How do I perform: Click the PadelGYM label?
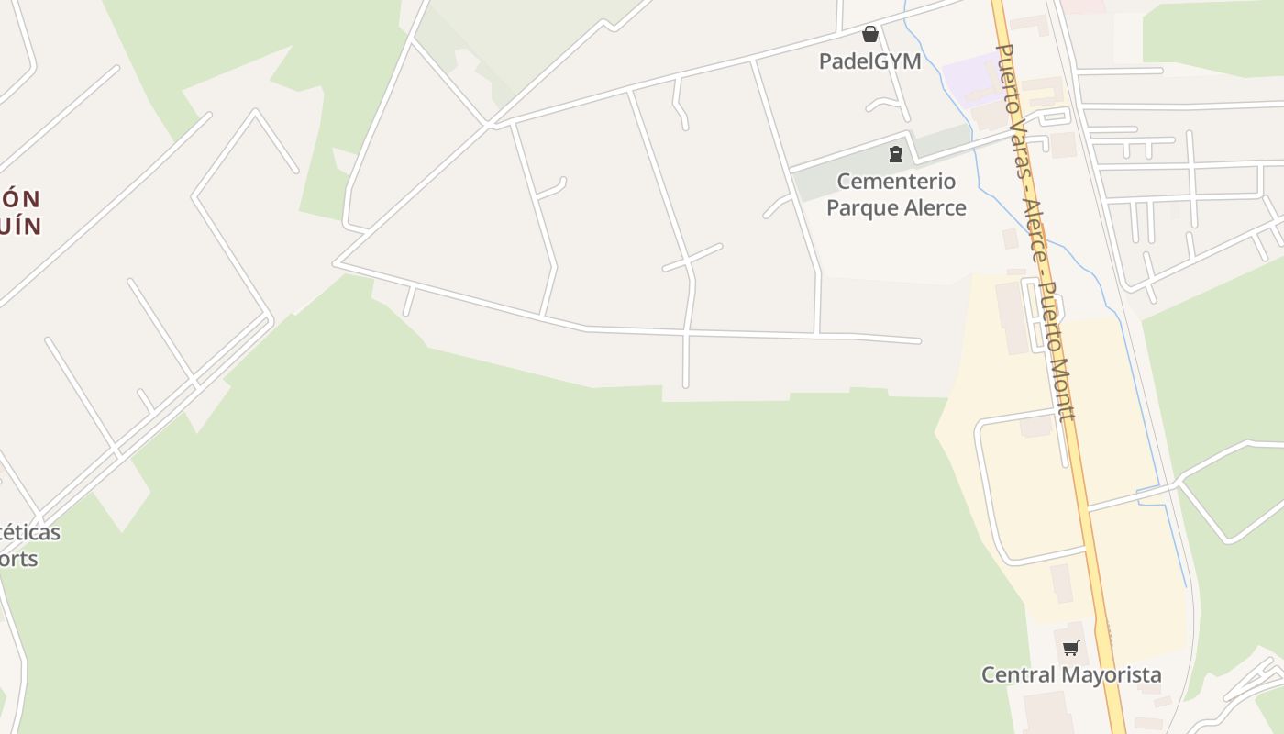pos(869,62)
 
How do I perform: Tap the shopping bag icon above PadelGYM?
pos(870,35)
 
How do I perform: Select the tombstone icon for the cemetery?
pos(896,154)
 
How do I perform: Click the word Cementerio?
pos(896,182)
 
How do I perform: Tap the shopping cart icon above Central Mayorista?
pos(1070,649)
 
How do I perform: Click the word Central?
pos(1014,675)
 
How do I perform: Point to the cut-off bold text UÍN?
pos(20,226)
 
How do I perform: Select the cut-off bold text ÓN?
pos(20,199)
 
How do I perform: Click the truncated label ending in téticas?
pos(29,533)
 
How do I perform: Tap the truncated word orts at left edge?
pos(18,559)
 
